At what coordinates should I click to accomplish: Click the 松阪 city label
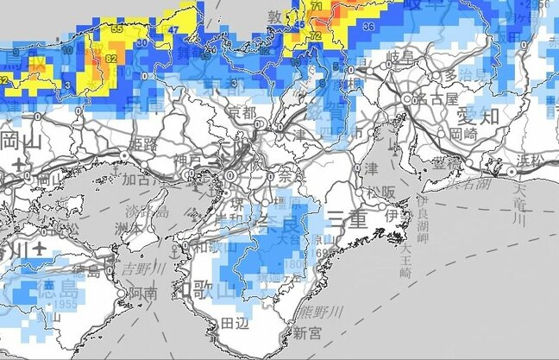pyautogui.click(x=379, y=191)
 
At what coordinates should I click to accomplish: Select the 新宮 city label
pyautogui.click(x=307, y=332)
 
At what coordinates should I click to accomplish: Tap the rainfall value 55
pyautogui.click(x=117, y=28)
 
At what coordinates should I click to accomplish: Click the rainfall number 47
pyautogui.click(x=173, y=29)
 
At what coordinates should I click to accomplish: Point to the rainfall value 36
pyautogui.click(x=368, y=27)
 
